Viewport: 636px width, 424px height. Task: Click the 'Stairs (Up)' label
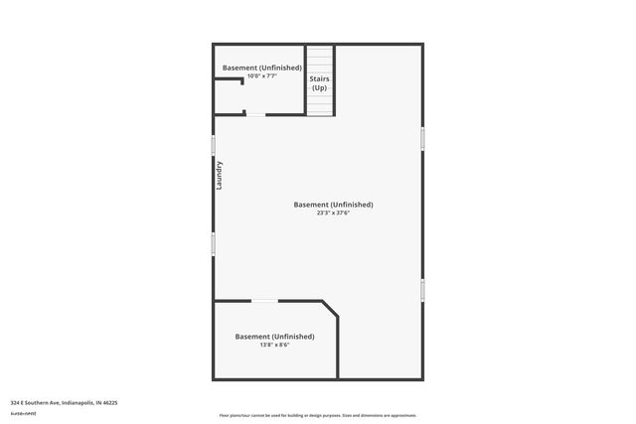point(319,83)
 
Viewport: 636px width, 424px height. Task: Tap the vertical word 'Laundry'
point(220,176)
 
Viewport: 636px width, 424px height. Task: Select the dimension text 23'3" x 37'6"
point(333,213)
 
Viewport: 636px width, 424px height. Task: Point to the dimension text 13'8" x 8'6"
point(274,346)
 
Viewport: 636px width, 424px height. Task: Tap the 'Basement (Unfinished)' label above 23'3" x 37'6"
point(333,205)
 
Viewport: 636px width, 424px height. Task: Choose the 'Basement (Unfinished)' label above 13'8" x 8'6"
point(274,337)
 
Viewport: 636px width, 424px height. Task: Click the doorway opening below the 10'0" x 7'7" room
point(255,115)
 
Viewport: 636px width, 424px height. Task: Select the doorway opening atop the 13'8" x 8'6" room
point(264,301)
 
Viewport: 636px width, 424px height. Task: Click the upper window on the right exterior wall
point(422,138)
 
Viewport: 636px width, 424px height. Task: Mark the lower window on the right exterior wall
point(422,290)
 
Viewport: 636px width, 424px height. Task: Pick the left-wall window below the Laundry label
point(213,243)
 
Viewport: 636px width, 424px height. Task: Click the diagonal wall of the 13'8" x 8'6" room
point(329,309)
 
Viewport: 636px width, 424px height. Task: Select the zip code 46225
point(108,403)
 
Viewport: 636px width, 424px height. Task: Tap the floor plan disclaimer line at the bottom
point(317,415)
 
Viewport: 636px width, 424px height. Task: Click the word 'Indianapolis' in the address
point(78,403)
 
